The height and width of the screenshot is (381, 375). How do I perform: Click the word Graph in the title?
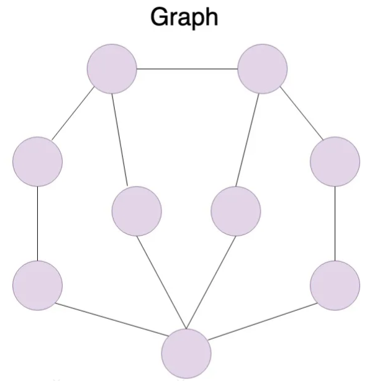click(184, 17)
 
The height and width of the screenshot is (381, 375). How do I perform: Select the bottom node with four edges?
click(186, 353)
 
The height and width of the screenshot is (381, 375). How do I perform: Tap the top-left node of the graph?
click(112, 69)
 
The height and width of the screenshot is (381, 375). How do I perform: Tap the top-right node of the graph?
click(263, 69)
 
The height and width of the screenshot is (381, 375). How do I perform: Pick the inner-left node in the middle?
click(137, 211)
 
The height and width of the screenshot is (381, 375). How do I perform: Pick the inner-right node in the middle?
click(236, 211)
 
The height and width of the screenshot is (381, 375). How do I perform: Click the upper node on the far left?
click(37, 161)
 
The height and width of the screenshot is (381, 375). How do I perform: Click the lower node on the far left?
click(37, 285)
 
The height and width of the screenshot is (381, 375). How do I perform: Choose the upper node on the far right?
click(335, 161)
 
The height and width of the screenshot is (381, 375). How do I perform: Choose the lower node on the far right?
click(335, 285)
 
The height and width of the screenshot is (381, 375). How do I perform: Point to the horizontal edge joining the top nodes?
click(187, 69)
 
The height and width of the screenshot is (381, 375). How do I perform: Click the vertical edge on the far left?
click(37, 223)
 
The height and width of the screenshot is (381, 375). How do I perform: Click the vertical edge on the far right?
click(335, 223)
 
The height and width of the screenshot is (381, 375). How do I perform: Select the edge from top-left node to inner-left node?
click(119, 140)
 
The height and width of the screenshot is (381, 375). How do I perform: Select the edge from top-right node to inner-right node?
click(250, 140)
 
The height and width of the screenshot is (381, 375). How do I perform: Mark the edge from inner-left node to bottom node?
click(161, 280)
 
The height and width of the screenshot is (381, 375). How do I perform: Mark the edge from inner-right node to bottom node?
click(211, 280)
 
